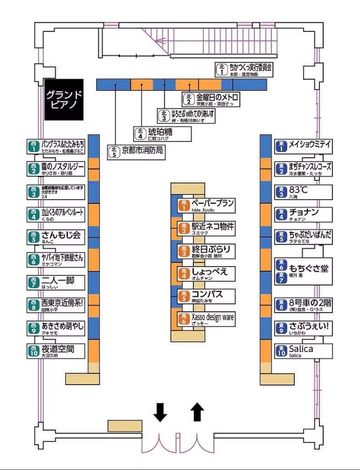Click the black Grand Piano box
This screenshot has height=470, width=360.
pos(64,100)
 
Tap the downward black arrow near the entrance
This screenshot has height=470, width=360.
pos(160,412)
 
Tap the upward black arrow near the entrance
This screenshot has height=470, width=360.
pos(197,412)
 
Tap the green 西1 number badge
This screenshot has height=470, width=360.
pos(33,147)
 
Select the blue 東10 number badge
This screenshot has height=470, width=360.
pos(281,351)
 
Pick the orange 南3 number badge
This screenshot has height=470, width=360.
pos(184,251)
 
